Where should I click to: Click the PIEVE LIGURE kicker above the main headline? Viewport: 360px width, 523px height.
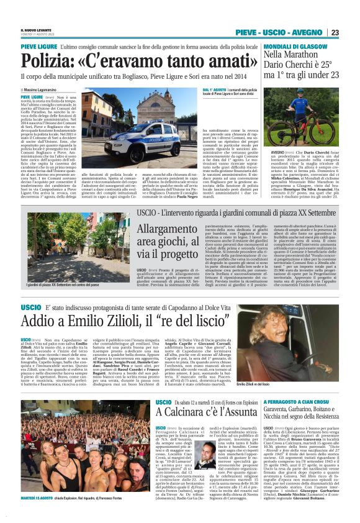click(x=39, y=47)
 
